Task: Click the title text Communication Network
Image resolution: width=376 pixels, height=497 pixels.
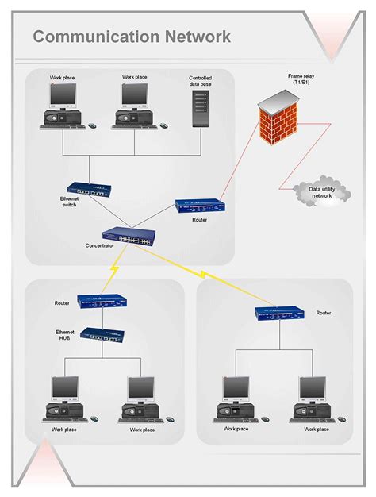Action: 132,37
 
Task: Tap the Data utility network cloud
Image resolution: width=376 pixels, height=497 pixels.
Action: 320,192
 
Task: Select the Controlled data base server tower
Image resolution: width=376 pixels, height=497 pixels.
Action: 200,107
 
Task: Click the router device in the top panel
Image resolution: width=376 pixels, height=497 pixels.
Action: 199,206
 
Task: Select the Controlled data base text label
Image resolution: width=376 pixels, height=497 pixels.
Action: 200,81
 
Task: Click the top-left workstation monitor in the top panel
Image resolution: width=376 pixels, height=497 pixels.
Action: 62,96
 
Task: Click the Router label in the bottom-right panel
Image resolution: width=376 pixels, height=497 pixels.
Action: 324,314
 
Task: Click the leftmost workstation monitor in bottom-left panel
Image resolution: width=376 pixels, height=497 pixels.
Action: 65,389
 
